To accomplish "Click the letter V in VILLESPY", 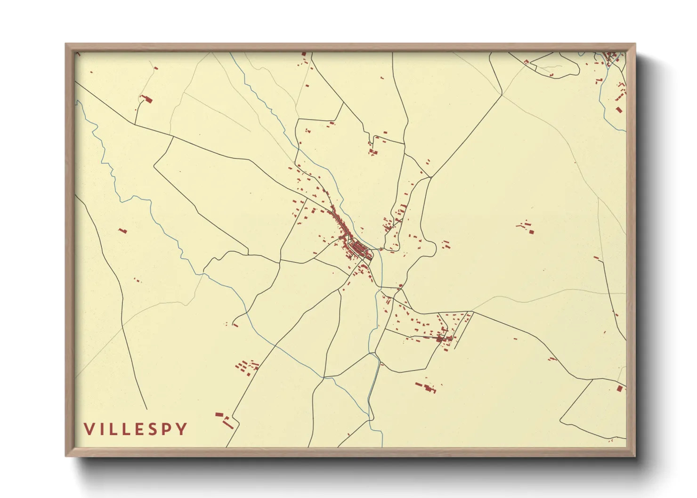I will (x=89, y=429).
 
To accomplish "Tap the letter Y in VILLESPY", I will (x=181, y=429).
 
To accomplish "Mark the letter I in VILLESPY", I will (x=101, y=429).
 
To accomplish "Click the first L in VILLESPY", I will (x=112, y=429).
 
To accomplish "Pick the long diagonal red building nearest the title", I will (x=228, y=425).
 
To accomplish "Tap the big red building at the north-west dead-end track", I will (x=148, y=99).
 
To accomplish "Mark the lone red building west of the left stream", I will (x=123, y=231).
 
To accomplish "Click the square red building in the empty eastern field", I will (x=531, y=231).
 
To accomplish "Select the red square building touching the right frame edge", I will (x=620, y=388).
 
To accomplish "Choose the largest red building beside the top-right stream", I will (x=619, y=110).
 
